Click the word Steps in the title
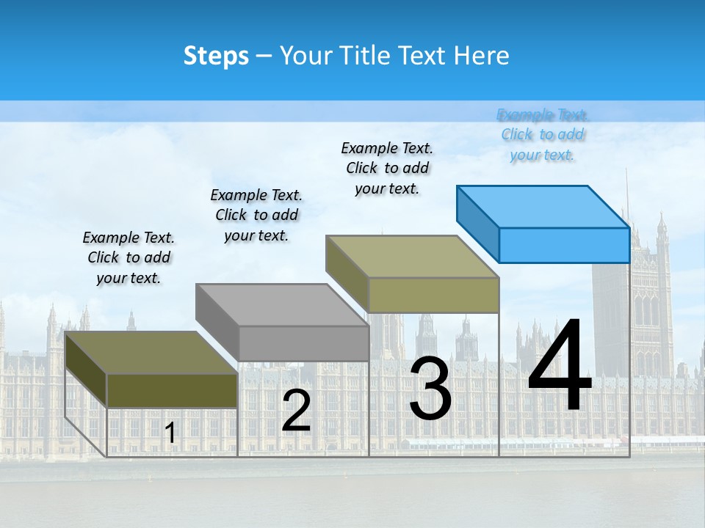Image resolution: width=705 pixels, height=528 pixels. pos(216,56)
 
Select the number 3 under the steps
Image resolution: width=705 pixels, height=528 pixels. pos(430,388)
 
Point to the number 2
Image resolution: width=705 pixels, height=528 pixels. pos(296,411)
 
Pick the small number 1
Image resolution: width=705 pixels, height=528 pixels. pos(170,433)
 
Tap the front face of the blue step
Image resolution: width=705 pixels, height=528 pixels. pos(564,245)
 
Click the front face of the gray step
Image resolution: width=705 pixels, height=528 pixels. pos(303,343)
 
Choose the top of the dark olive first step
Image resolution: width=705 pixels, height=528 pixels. pos(151,352)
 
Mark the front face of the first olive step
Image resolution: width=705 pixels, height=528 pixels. pos(172,391)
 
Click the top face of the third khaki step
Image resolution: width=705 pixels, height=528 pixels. pos(412,257)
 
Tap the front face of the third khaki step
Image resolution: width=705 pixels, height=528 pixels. pos(433,295)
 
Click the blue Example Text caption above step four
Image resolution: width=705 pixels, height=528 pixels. pos(542,134)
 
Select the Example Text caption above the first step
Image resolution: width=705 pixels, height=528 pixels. pos(129,257)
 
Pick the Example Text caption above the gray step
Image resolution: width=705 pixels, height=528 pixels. pos(256,215)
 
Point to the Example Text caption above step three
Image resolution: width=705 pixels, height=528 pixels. pos(387,168)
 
